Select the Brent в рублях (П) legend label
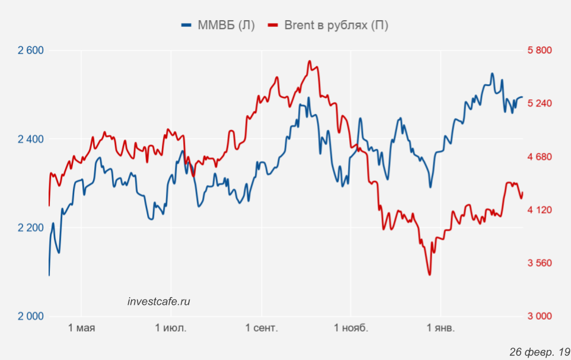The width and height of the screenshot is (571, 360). [x=336, y=25]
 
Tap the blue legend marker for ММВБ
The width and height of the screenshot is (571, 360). [x=187, y=25]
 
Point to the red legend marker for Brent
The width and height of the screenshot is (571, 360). [x=273, y=25]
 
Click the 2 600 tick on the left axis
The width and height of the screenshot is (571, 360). [x=31, y=50]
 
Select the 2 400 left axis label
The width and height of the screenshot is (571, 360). [x=31, y=139]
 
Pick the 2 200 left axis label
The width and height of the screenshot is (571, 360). [x=31, y=228]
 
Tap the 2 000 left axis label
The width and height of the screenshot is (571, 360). [x=31, y=316]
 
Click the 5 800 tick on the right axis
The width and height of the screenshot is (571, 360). [x=540, y=50]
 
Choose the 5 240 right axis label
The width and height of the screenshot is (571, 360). [x=540, y=103]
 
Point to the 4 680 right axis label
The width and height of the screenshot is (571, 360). [x=540, y=157]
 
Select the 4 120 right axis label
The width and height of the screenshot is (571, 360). [x=540, y=210]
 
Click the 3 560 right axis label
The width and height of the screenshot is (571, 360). [x=540, y=263]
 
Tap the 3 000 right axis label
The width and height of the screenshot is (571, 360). [x=540, y=316]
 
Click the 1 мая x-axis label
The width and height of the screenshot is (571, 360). [x=82, y=328]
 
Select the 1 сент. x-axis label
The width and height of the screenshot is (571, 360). [x=261, y=328]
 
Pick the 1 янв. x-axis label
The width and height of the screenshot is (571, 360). [x=441, y=328]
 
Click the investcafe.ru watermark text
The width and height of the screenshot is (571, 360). [x=158, y=301]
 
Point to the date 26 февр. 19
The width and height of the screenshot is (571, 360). [x=539, y=352]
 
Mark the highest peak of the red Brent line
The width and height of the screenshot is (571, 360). [x=310, y=61]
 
